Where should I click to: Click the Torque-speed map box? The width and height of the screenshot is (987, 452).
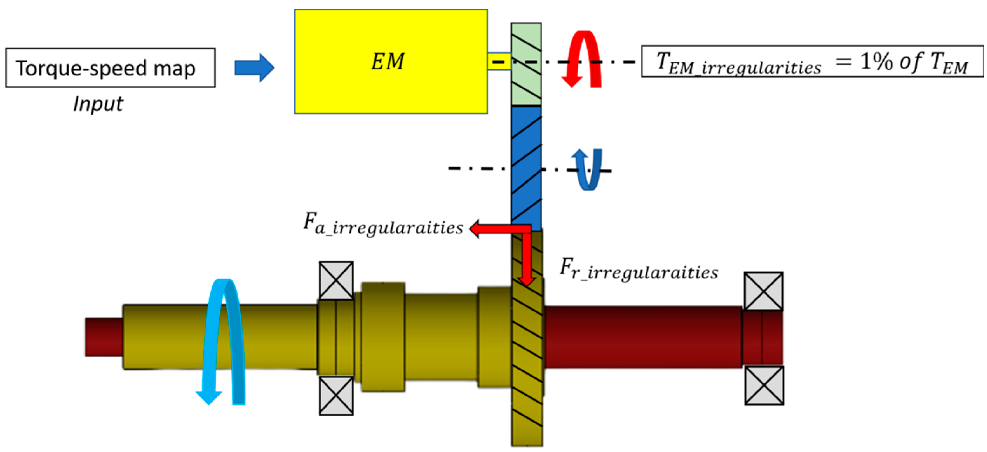pos(110,68)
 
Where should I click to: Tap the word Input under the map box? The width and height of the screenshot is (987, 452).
pos(98,104)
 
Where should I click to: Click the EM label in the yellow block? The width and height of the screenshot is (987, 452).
pos(388,61)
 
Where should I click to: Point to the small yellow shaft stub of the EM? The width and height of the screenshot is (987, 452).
pos(499,61)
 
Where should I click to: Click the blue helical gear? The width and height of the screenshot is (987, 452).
pos(526,168)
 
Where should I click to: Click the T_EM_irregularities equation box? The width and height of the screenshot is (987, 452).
pos(812,62)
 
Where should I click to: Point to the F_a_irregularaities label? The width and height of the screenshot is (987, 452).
pos(383,224)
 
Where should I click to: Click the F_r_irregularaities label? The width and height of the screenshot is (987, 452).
pos(639,269)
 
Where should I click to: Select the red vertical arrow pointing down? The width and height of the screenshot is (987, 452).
pos(527,260)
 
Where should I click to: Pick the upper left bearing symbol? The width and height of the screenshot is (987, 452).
pos(336,280)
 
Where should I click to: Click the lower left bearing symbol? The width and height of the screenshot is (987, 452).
pos(336,395)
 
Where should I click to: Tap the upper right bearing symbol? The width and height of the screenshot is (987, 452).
pos(764,291)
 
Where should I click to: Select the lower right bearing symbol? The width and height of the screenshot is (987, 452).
pos(764,385)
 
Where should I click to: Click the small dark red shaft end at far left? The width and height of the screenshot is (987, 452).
pos(104,337)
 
